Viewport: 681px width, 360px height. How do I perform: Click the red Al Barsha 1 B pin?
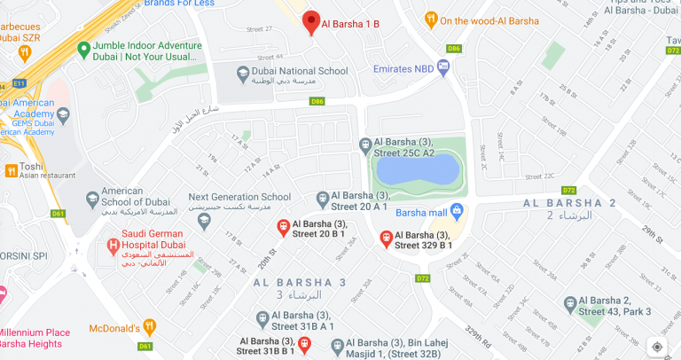310,22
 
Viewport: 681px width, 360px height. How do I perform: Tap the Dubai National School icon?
243,72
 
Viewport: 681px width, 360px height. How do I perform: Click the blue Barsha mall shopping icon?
458,211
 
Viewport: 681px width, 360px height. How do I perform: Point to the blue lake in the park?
417,167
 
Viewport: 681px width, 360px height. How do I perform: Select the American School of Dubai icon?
92,200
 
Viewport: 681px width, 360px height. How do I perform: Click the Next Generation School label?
239,197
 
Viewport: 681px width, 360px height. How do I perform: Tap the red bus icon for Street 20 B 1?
283,227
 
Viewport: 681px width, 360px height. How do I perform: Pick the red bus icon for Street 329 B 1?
386,238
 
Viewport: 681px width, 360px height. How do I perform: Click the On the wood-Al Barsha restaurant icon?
430,19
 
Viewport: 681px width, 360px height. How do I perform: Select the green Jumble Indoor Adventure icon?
83,47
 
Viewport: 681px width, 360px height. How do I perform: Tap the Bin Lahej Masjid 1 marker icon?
349,343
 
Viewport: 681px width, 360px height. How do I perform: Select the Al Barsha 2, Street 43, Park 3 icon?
568,304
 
